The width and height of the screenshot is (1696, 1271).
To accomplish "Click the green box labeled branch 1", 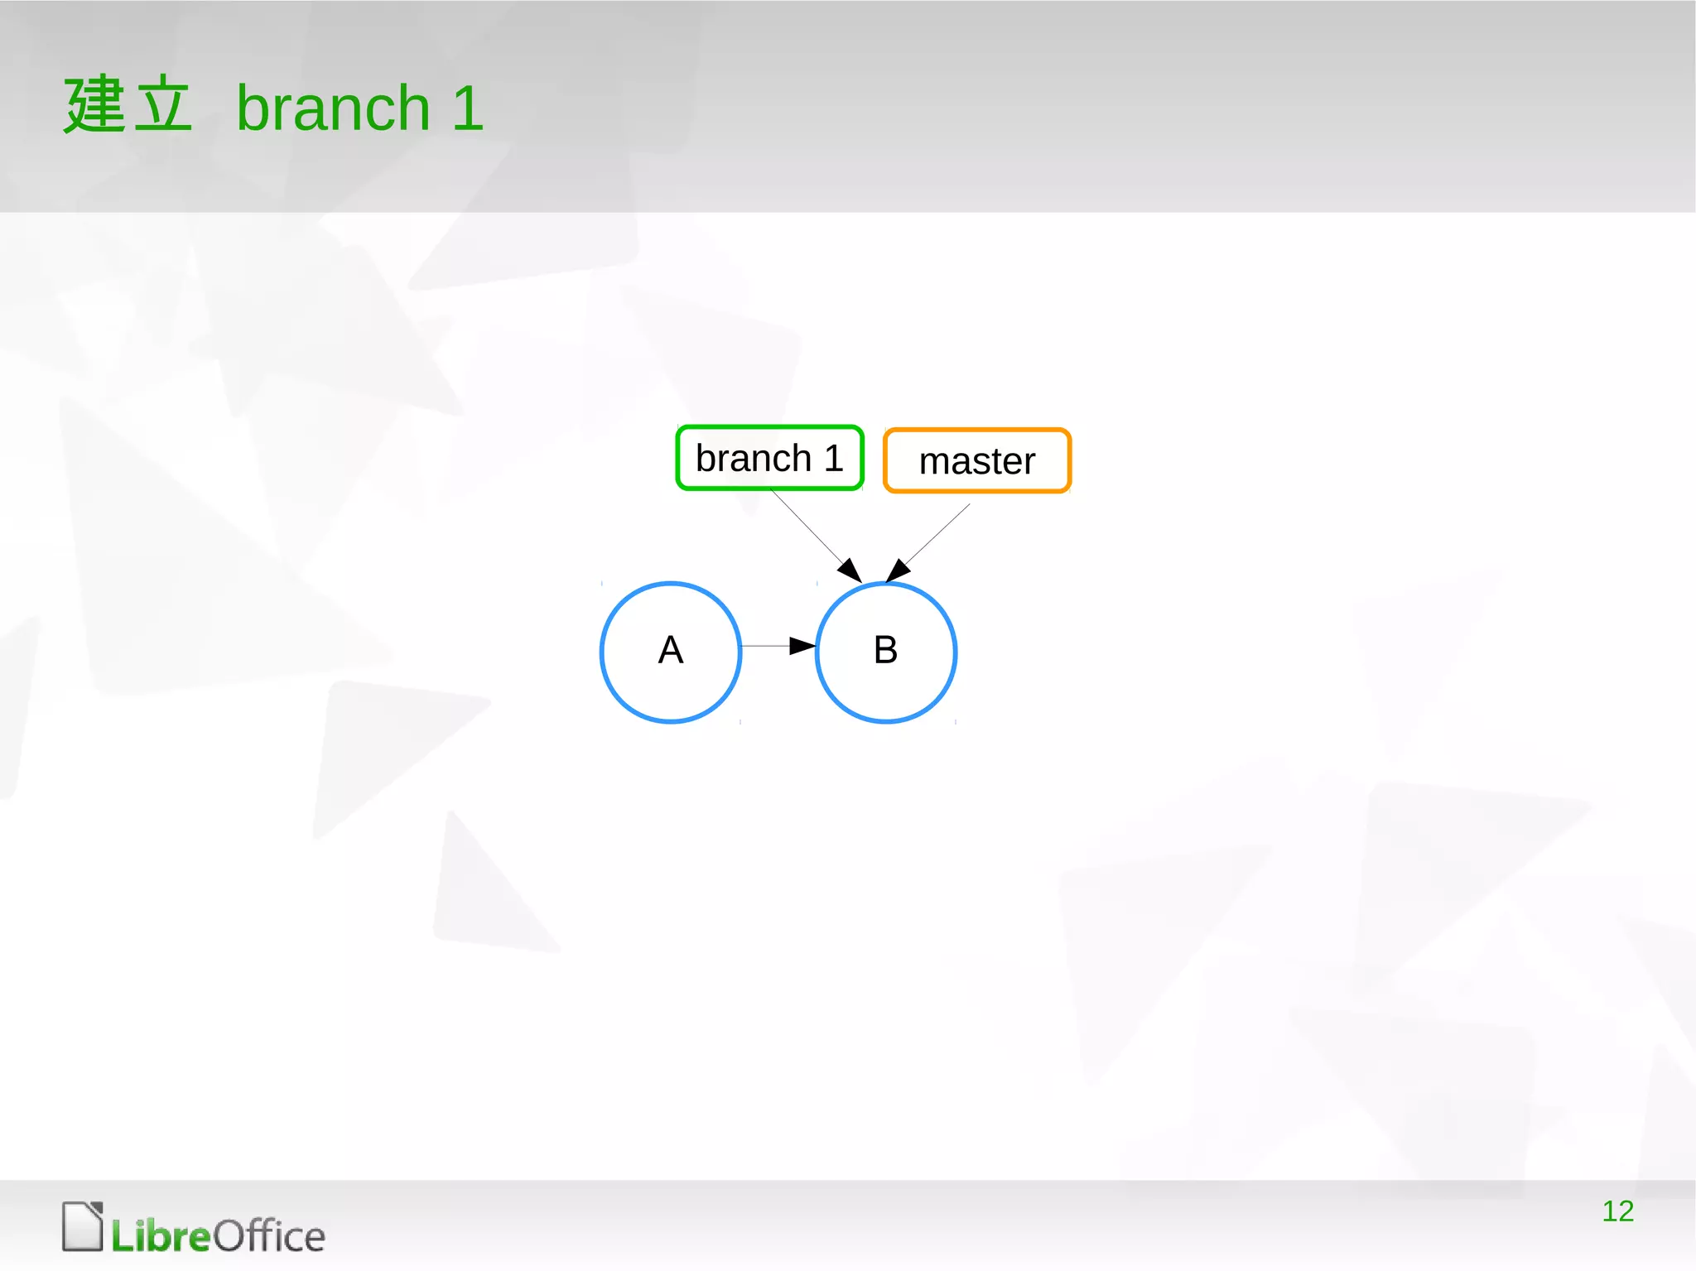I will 769,458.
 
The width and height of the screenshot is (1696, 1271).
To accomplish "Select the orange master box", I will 977,460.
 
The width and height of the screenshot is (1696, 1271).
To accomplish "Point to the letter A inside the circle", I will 671,650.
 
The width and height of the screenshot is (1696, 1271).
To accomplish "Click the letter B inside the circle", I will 885,650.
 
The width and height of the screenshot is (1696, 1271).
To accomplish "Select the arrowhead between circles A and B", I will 802,645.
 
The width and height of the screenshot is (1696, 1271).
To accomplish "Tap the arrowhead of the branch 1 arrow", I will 850,571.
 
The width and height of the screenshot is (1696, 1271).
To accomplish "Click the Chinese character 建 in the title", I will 94,104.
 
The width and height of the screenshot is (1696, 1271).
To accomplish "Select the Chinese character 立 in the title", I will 162,104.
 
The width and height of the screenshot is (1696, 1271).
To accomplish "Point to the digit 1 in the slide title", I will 467,108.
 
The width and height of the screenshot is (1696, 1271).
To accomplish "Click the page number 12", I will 1617,1211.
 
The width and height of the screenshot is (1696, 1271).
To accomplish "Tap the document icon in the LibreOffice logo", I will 82,1226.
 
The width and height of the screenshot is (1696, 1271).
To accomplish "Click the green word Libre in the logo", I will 161,1236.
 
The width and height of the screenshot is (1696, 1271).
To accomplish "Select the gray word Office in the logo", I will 269,1236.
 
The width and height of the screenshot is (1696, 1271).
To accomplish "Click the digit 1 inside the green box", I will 833,458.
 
